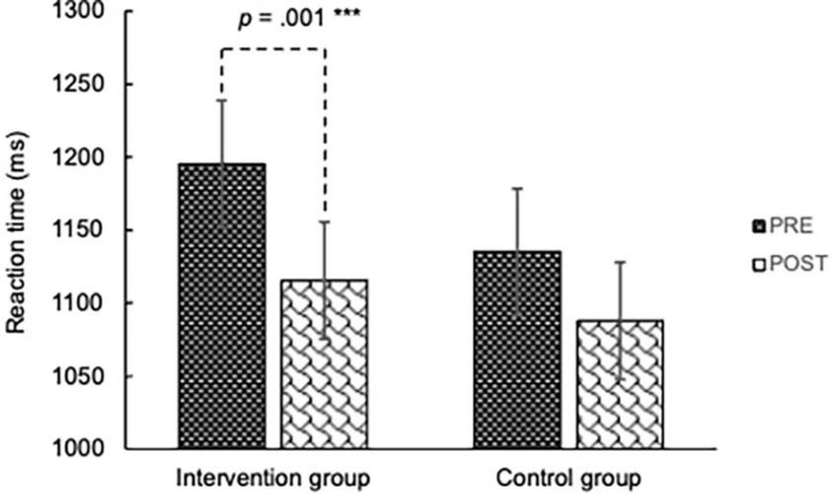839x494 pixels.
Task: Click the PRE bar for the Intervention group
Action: [x=222, y=306]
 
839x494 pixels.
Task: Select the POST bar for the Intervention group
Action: [x=324, y=365]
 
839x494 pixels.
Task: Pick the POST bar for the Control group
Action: [x=620, y=384]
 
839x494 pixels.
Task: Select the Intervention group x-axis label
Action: [x=273, y=473]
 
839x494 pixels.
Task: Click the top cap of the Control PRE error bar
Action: [x=518, y=188]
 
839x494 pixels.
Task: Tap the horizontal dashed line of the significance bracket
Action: [x=273, y=48]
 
